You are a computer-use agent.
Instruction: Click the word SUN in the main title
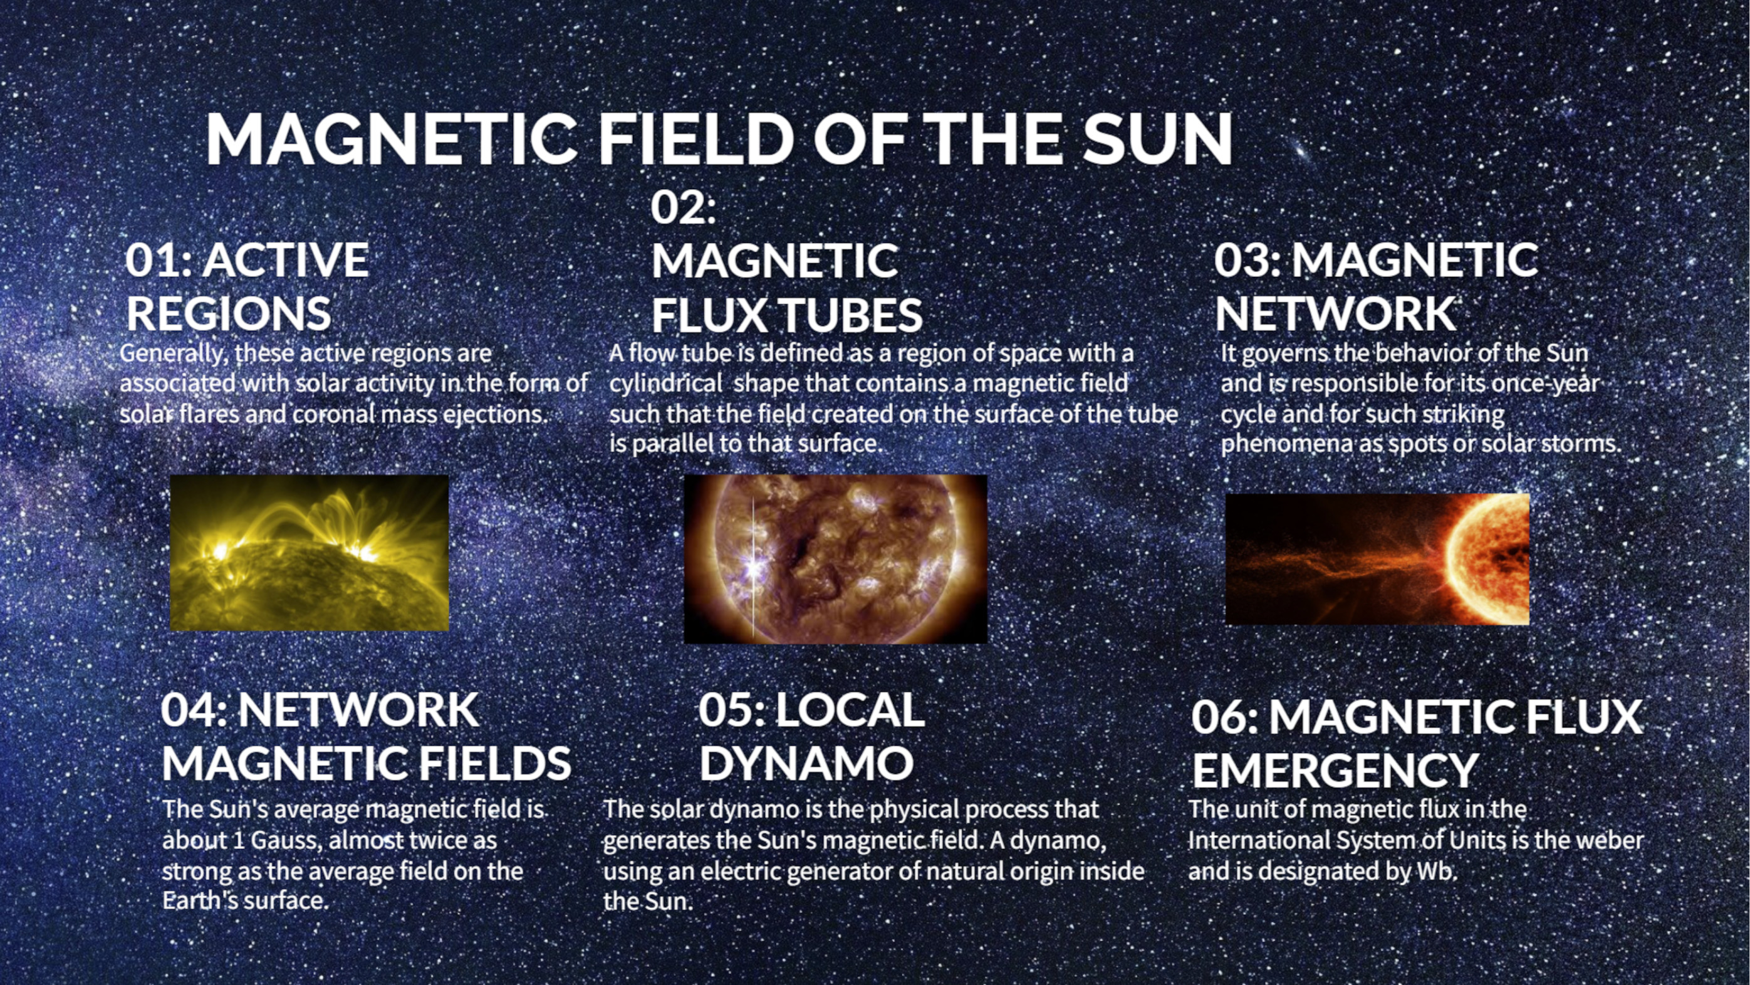coord(1157,138)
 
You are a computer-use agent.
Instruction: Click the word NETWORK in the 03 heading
coord(1335,313)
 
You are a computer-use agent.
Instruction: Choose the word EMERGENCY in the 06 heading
coord(1335,769)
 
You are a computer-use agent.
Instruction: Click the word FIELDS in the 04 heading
coord(494,763)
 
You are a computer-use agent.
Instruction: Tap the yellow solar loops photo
coord(309,553)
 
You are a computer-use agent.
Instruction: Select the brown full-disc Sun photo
coord(836,559)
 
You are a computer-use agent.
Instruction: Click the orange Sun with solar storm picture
coord(1378,559)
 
